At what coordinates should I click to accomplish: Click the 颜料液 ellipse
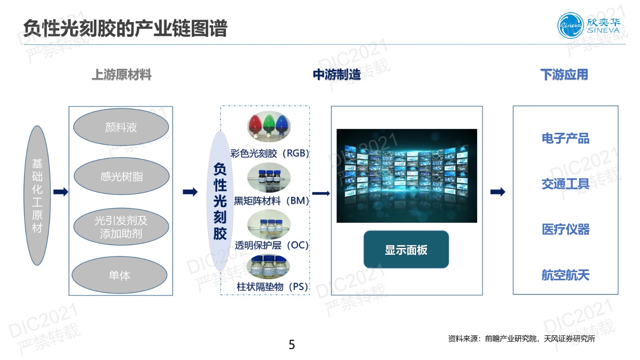pos(121,127)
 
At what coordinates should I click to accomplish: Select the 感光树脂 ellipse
pos(122,176)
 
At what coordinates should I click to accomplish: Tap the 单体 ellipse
pos(119,275)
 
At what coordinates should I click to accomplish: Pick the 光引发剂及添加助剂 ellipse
pos(121,227)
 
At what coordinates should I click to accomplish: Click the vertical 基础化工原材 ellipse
pos(37,196)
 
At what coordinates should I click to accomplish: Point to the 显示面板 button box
pos(406,250)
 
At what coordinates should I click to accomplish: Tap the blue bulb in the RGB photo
pos(282,125)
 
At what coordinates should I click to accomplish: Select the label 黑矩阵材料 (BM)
pos(271,200)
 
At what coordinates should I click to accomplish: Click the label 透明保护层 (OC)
pos(272,245)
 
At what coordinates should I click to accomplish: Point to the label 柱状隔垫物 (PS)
pos(272,286)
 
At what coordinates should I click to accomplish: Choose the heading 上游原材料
pos(122,75)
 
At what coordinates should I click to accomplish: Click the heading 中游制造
pos(337,75)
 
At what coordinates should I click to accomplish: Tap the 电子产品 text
pos(565,138)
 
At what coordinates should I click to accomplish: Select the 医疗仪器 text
pos(565,230)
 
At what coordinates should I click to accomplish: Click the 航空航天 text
pos(565,275)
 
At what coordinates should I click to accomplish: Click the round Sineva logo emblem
pos(570,25)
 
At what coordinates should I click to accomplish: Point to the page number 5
pos(292,344)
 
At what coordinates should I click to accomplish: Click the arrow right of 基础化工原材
pos(61,192)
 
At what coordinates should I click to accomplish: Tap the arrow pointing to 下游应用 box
pos(498,192)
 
